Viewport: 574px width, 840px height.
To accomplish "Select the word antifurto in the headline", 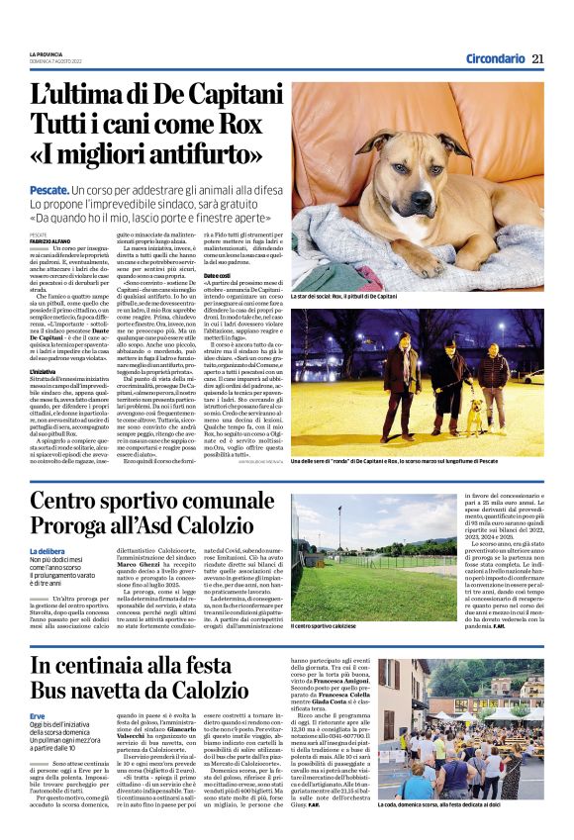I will coord(200,155).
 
